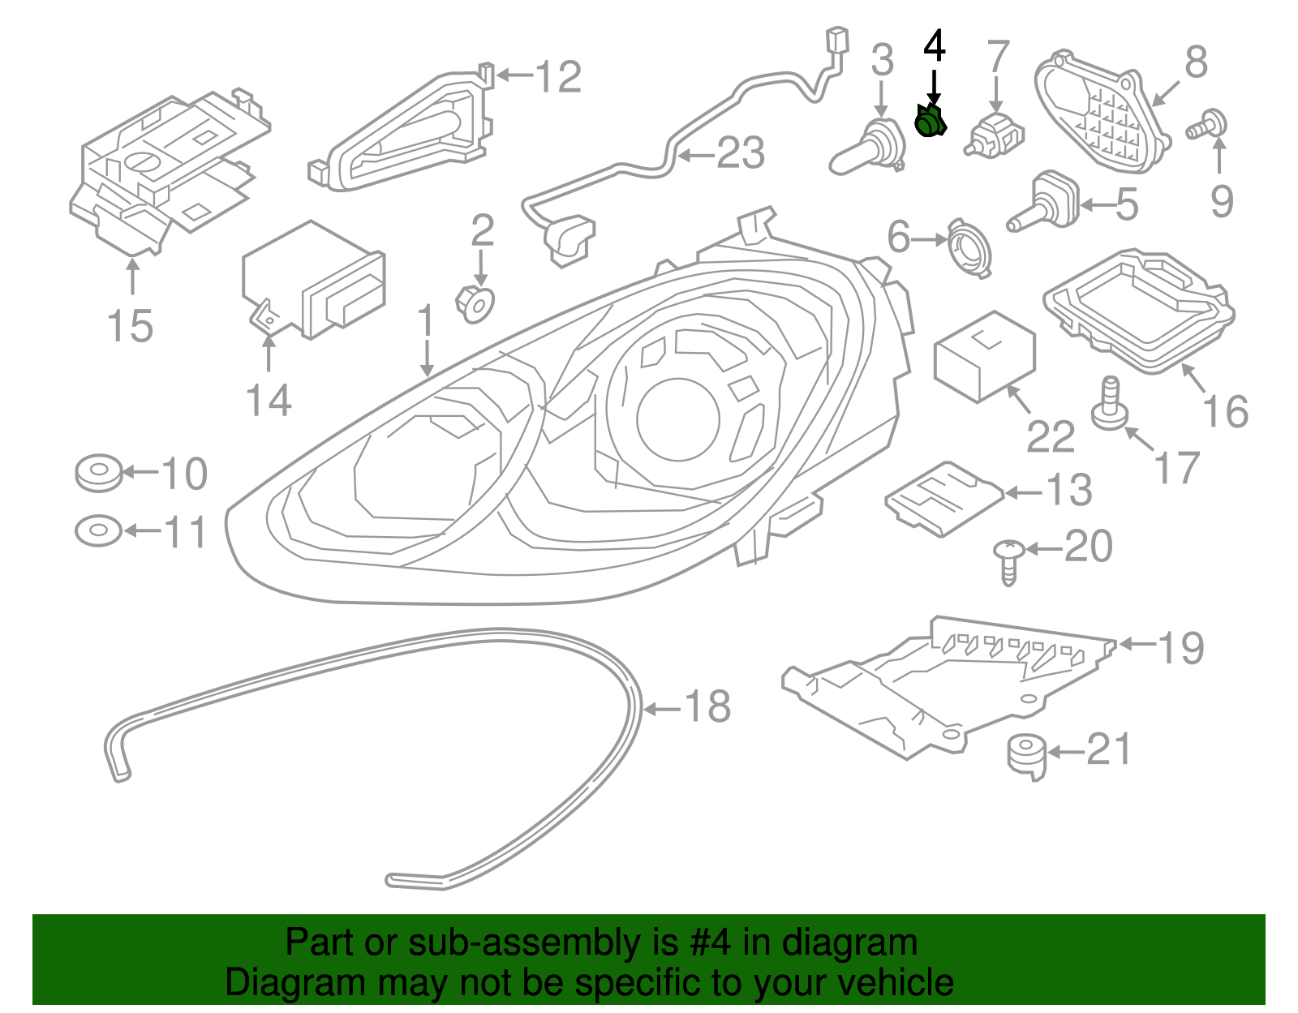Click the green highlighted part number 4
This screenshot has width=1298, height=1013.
[x=930, y=121]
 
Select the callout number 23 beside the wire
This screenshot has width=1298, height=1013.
[x=740, y=152]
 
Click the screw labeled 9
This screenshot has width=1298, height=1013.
[x=1206, y=125]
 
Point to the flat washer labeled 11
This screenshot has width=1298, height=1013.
[x=98, y=530]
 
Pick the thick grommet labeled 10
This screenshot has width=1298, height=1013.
[x=98, y=473]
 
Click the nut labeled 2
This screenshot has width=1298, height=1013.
[x=475, y=304]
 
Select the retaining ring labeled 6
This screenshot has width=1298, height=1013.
[x=969, y=247]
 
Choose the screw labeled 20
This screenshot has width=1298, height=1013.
[x=1009, y=562]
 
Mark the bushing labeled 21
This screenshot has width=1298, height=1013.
[x=1027, y=758]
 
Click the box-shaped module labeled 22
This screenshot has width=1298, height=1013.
[x=984, y=356]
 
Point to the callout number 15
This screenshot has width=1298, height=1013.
[x=131, y=326]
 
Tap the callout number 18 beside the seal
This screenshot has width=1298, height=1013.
[x=708, y=706]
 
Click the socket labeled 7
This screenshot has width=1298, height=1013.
[x=994, y=135]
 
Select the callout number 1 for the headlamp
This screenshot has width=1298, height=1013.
[x=425, y=321]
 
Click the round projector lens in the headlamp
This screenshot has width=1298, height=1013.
[x=678, y=419]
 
